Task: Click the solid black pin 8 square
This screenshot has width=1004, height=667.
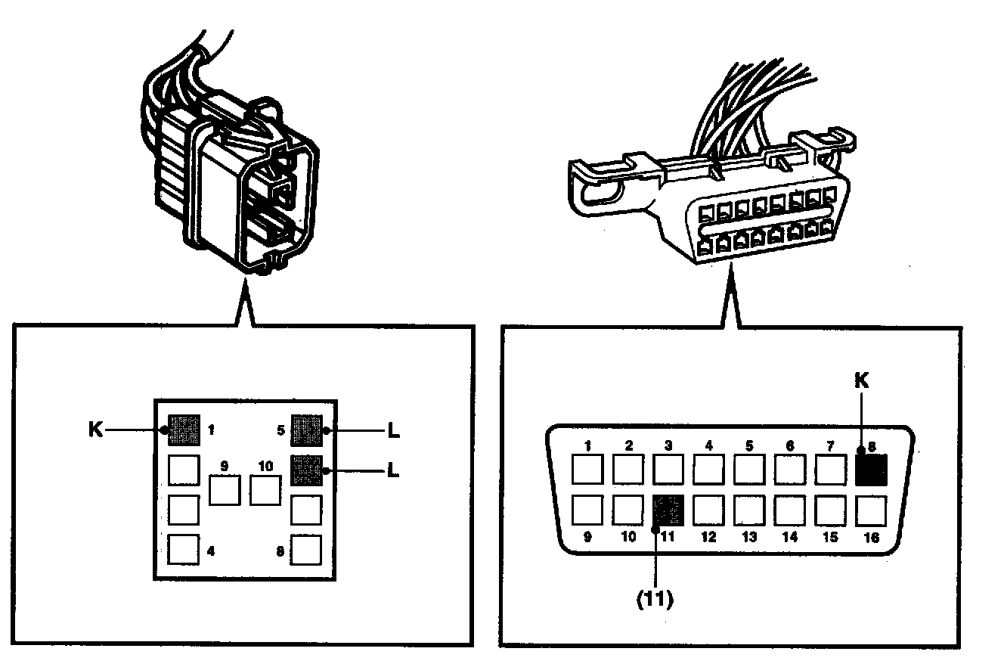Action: coord(871,470)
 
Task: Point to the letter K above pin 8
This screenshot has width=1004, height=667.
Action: coord(861,381)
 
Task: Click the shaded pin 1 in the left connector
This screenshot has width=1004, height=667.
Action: coord(184,430)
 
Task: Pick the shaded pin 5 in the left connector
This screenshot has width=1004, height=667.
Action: coord(307,430)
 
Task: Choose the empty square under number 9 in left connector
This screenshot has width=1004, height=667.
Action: coord(225,491)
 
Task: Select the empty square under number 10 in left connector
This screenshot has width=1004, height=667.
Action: coord(265,491)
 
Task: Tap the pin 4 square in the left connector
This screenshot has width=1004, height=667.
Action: coord(184,550)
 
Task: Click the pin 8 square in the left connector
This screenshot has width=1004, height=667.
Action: coord(307,550)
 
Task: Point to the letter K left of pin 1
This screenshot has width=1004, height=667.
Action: coord(95,430)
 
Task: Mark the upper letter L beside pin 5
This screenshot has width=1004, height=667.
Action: coord(392,431)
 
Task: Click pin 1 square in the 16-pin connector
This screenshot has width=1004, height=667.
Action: coord(587,470)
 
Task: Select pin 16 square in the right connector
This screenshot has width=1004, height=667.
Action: coord(871,510)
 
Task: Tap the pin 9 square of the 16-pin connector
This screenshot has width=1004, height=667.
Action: coord(587,510)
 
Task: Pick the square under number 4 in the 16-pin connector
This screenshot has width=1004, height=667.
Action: coord(708,470)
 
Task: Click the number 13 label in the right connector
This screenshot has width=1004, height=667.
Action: coord(748,538)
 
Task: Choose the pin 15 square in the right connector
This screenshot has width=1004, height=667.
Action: coord(830,510)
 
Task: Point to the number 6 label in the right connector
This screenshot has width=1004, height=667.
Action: coord(790,446)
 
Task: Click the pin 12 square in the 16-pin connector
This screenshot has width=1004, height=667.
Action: coord(708,510)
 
